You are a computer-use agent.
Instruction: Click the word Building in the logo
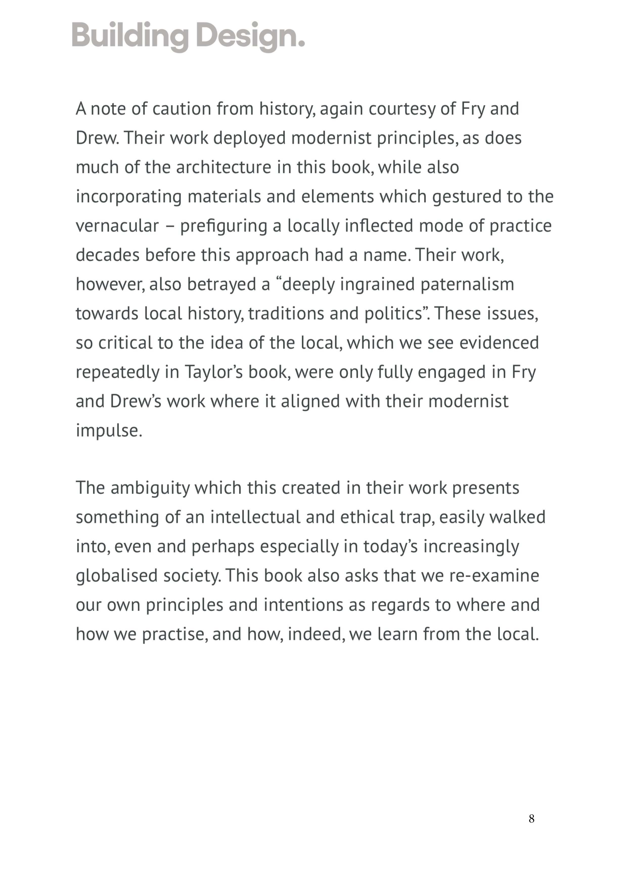click(130, 36)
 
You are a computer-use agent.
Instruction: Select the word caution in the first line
click(182, 109)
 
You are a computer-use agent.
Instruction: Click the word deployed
click(250, 138)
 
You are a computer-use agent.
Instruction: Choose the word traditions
click(286, 314)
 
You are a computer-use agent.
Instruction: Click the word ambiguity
click(150, 488)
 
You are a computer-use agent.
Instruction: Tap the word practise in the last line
click(173, 634)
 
